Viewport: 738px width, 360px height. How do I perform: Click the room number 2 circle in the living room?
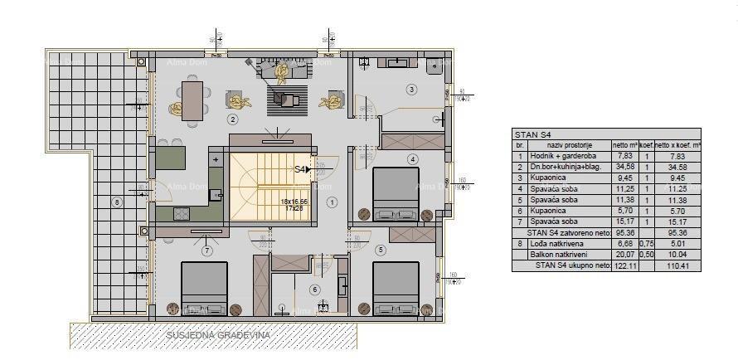tap(233, 119)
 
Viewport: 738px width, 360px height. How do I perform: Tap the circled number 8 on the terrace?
tap(117, 202)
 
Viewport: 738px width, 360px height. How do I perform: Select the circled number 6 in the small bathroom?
tap(314, 289)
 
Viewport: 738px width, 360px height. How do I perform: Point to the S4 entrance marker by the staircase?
tap(303, 169)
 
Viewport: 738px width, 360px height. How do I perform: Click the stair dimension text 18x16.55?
tap(294, 202)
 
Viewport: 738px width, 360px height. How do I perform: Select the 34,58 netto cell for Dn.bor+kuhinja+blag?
tap(624, 167)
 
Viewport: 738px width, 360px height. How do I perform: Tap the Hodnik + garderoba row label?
tap(561, 156)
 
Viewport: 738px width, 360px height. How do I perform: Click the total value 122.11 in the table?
tap(624, 266)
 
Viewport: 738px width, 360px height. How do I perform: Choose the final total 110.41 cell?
tap(678, 266)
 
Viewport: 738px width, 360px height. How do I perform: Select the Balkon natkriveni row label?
tap(564, 255)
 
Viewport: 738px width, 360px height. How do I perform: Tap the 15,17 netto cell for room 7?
tap(624, 222)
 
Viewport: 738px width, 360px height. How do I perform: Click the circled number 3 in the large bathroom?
tap(410, 89)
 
